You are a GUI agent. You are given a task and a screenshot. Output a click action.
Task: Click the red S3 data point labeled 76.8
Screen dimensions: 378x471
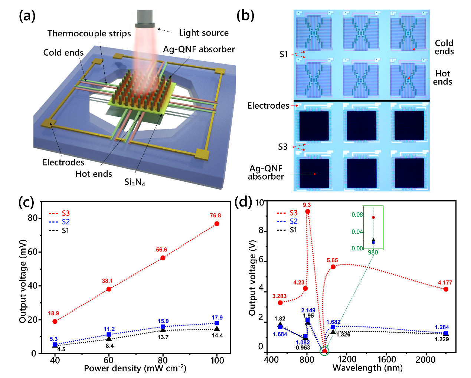pos(217,224)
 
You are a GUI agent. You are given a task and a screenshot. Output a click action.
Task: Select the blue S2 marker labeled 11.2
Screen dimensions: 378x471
pos(109,335)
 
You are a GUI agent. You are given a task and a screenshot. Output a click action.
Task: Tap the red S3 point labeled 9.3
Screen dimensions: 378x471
pos(307,211)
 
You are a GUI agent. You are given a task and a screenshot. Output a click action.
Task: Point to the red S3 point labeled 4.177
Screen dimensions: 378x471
pos(446,289)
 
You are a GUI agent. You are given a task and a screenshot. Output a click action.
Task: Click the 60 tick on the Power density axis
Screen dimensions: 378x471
pos(108,360)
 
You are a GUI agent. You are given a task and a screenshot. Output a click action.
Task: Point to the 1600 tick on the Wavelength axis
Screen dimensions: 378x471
pos(386,359)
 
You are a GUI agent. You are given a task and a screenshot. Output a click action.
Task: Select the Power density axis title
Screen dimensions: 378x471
pos(135,368)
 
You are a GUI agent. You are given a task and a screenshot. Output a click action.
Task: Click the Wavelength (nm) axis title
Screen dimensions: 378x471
pos(367,368)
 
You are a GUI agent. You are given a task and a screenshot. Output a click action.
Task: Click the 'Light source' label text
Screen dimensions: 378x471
pos(203,33)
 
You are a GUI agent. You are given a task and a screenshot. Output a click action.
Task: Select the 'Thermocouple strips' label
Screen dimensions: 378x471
pos(89,33)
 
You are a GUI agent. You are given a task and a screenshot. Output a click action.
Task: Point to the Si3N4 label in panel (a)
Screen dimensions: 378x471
pos(134,182)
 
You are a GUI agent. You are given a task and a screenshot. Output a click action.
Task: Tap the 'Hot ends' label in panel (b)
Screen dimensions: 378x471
pos(442,78)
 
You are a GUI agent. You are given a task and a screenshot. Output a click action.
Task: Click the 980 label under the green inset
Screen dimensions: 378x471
pos(373,253)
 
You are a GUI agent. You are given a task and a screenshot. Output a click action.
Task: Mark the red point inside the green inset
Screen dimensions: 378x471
pos(373,217)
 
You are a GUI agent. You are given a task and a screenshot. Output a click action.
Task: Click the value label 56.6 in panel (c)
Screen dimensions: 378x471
pos(161,250)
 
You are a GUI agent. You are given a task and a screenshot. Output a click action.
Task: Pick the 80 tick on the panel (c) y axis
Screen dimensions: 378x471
pos(33,218)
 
